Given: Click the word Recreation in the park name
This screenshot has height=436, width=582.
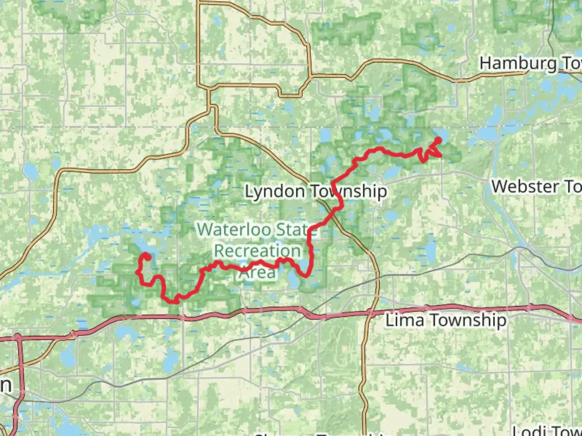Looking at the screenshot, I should [257, 251].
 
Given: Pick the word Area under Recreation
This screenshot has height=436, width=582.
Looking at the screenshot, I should [257, 272].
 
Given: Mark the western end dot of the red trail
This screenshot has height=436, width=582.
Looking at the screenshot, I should [148, 257].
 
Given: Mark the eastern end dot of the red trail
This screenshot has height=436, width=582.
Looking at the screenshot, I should [438, 140].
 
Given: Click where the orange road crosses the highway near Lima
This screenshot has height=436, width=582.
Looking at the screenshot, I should [371, 312].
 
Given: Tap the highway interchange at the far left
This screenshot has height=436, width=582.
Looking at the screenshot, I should [18, 336].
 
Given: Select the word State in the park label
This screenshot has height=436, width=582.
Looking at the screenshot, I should [297, 230].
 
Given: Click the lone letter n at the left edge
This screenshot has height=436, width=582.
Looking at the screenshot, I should [5, 385].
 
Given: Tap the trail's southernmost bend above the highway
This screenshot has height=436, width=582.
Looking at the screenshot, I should [176, 301].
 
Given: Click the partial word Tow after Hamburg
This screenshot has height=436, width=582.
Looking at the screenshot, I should [571, 63].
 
